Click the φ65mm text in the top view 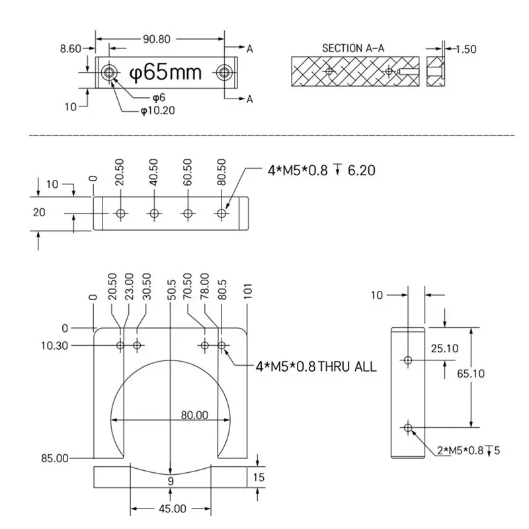click(x=165, y=72)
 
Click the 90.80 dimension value click(x=156, y=39)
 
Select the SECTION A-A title click(x=353, y=48)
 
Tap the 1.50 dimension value click(x=466, y=49)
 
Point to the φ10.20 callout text click(x=157, y=110)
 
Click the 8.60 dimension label click(x=69, y=48)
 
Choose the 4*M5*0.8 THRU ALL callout click(x=316, y=366)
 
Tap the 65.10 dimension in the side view click(x=471, y=374)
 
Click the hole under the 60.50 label click(x=188, y=214)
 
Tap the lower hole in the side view click(x=408, y=427)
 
